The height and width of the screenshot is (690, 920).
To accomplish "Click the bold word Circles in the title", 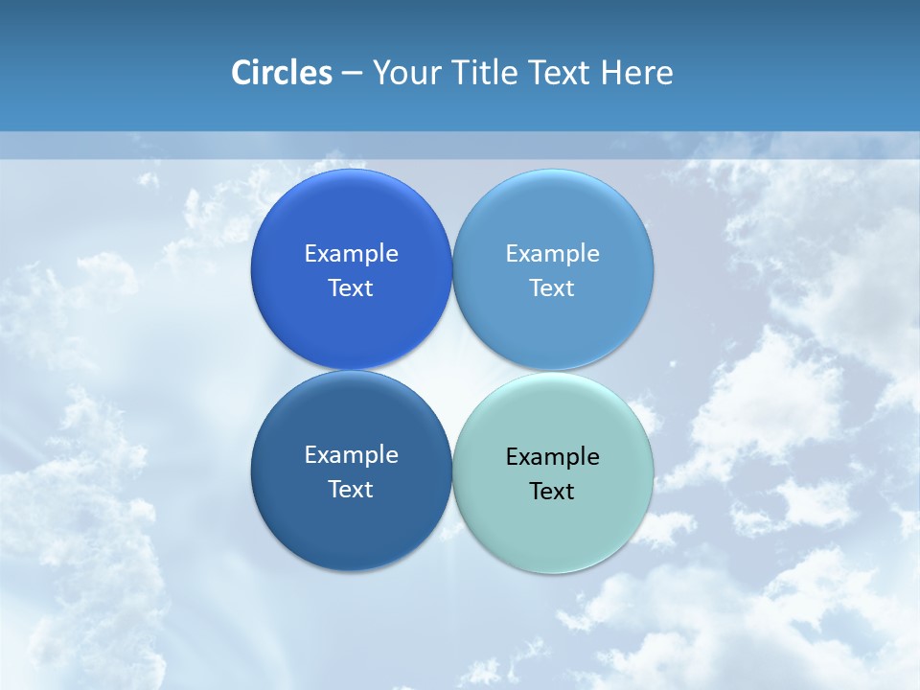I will pos(282,73).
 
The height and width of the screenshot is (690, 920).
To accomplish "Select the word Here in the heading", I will pos(637,73).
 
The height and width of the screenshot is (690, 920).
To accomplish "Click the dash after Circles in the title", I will pos(352,74).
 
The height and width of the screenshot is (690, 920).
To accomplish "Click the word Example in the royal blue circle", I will pos(351,253).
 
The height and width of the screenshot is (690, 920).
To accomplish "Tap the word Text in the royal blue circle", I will pos(351,287).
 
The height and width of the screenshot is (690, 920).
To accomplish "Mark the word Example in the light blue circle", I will pos(553,253).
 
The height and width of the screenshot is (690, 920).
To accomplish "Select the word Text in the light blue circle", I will pos(553,287).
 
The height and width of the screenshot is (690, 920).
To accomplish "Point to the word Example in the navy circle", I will pos(351,454).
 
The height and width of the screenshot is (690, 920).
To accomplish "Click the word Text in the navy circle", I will pos(351,489).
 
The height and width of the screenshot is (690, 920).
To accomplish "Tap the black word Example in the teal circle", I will pos(553,456).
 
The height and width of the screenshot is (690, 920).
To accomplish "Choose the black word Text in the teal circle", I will pos(553,491).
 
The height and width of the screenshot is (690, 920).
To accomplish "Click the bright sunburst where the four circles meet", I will pos(451,370).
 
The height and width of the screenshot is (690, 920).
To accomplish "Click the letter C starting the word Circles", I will pos(241,73).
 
